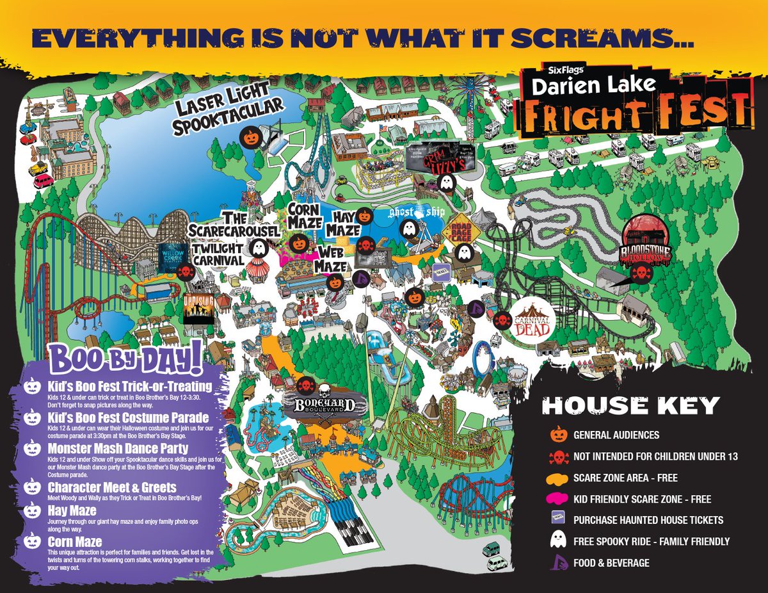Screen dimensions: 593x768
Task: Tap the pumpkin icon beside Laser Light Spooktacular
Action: point(250,136)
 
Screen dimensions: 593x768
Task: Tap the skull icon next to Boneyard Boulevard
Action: point(305,386)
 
